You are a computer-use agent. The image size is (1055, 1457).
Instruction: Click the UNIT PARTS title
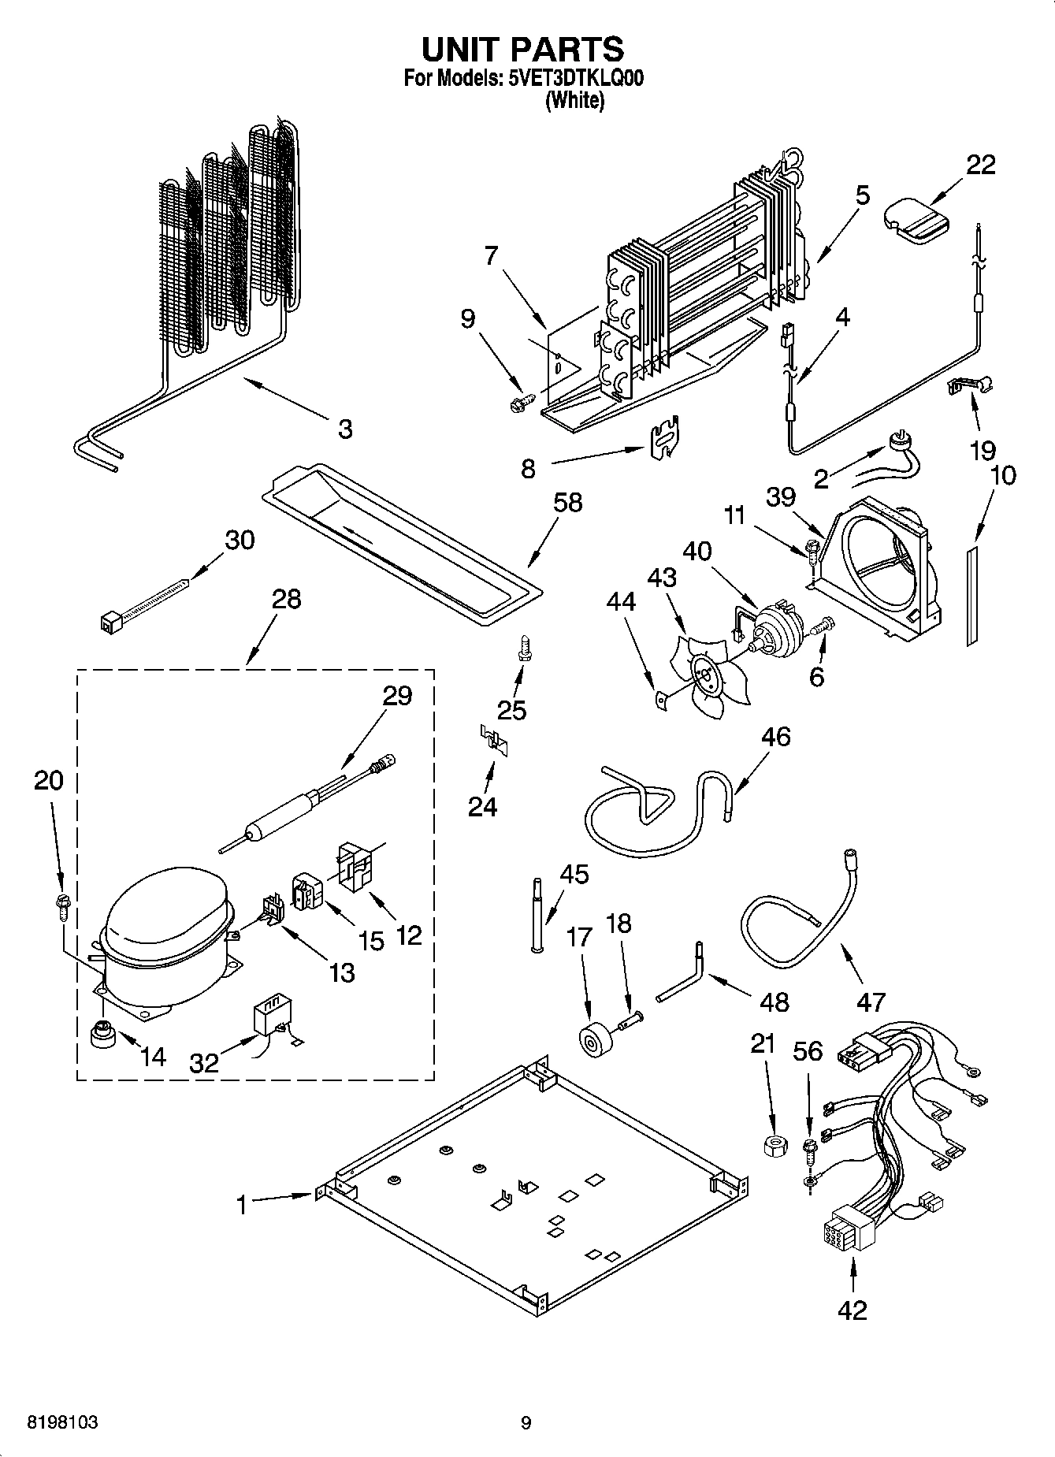click(x=522, y=49)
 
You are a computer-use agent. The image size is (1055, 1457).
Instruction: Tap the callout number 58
click(x=568, y=502)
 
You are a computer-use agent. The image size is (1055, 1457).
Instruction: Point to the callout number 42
click(x=853, y=1310)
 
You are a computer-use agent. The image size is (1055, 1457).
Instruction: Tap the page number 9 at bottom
click(x=526, y=1422)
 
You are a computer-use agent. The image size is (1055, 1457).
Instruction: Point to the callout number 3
click(x=345, y=429)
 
